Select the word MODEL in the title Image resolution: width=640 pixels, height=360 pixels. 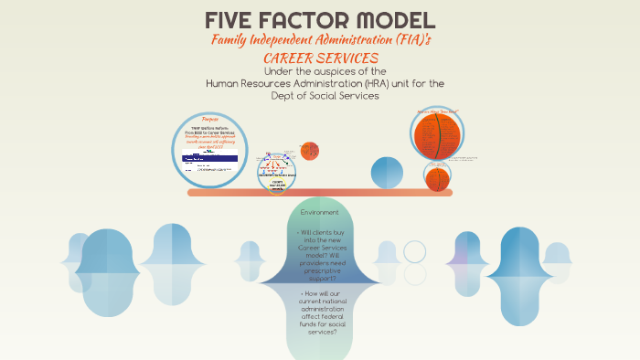pos(395,20)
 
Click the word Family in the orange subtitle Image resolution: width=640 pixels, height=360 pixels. pos(234,40)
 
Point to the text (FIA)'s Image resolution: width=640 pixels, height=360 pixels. pos(410,40)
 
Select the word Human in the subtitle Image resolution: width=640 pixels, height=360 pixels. pos(224,83)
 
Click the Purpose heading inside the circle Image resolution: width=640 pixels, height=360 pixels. pos(211,121)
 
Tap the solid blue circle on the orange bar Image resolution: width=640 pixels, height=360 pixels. pos(386,173)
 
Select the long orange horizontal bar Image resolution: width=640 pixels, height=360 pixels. pos(320,193)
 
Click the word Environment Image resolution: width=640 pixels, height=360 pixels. pos(320,212)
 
